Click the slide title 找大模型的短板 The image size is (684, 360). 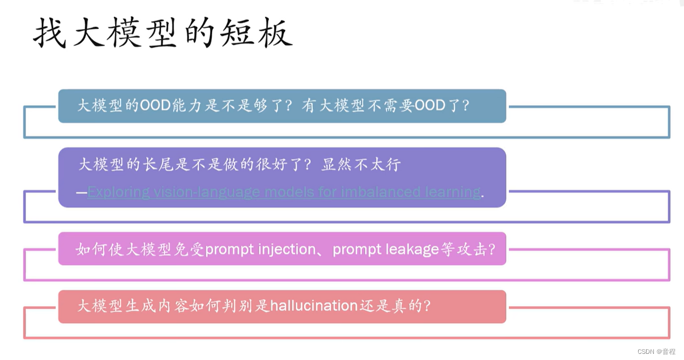pos(162,33)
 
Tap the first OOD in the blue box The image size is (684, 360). pos(155,105)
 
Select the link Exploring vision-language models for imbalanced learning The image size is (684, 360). pos(284,192)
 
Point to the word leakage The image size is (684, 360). pos(412,249)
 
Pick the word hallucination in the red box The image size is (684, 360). pos(314,306)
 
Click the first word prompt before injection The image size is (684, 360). pos(229,249)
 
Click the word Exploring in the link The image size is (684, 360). pos(119,192)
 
